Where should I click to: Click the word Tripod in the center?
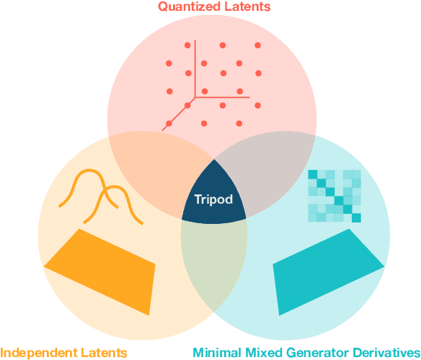(x=213, y=199)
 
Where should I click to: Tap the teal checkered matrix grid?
(x=334, y=196)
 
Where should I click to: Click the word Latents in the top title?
(x=245, y=7)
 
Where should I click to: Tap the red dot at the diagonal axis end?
(x=169, y=124)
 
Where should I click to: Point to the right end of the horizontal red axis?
(x=249, y=96)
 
